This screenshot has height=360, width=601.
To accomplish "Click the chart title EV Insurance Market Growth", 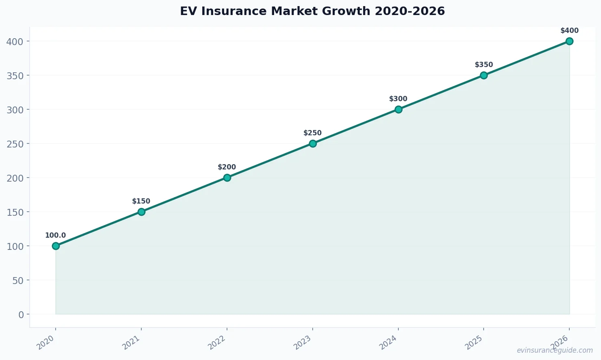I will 312,11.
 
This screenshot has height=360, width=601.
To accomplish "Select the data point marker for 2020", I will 56,246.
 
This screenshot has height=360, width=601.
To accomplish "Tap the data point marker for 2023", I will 313,143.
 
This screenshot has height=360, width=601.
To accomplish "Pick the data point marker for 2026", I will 569,41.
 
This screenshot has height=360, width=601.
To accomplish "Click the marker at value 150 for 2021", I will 141,212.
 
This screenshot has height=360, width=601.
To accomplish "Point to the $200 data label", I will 227,167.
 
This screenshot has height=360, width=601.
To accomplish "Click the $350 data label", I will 484,65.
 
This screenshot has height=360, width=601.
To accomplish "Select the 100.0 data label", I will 55,235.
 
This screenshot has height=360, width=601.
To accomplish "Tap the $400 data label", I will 569,30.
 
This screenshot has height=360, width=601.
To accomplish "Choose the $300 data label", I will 398,99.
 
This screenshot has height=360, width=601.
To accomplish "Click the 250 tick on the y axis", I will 15,144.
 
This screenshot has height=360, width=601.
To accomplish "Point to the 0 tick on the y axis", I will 21,314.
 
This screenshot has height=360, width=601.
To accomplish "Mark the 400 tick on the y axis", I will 15,41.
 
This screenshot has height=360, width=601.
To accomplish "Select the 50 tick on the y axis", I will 18,280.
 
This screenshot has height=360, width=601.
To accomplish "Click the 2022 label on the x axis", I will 217,343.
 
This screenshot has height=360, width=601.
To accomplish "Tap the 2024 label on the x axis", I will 388,343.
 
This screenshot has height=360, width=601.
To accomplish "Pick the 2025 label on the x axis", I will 474,343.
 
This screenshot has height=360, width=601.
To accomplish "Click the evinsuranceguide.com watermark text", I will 555,350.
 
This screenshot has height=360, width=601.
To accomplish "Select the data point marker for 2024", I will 398,109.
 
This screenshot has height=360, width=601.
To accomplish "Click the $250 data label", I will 312,133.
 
